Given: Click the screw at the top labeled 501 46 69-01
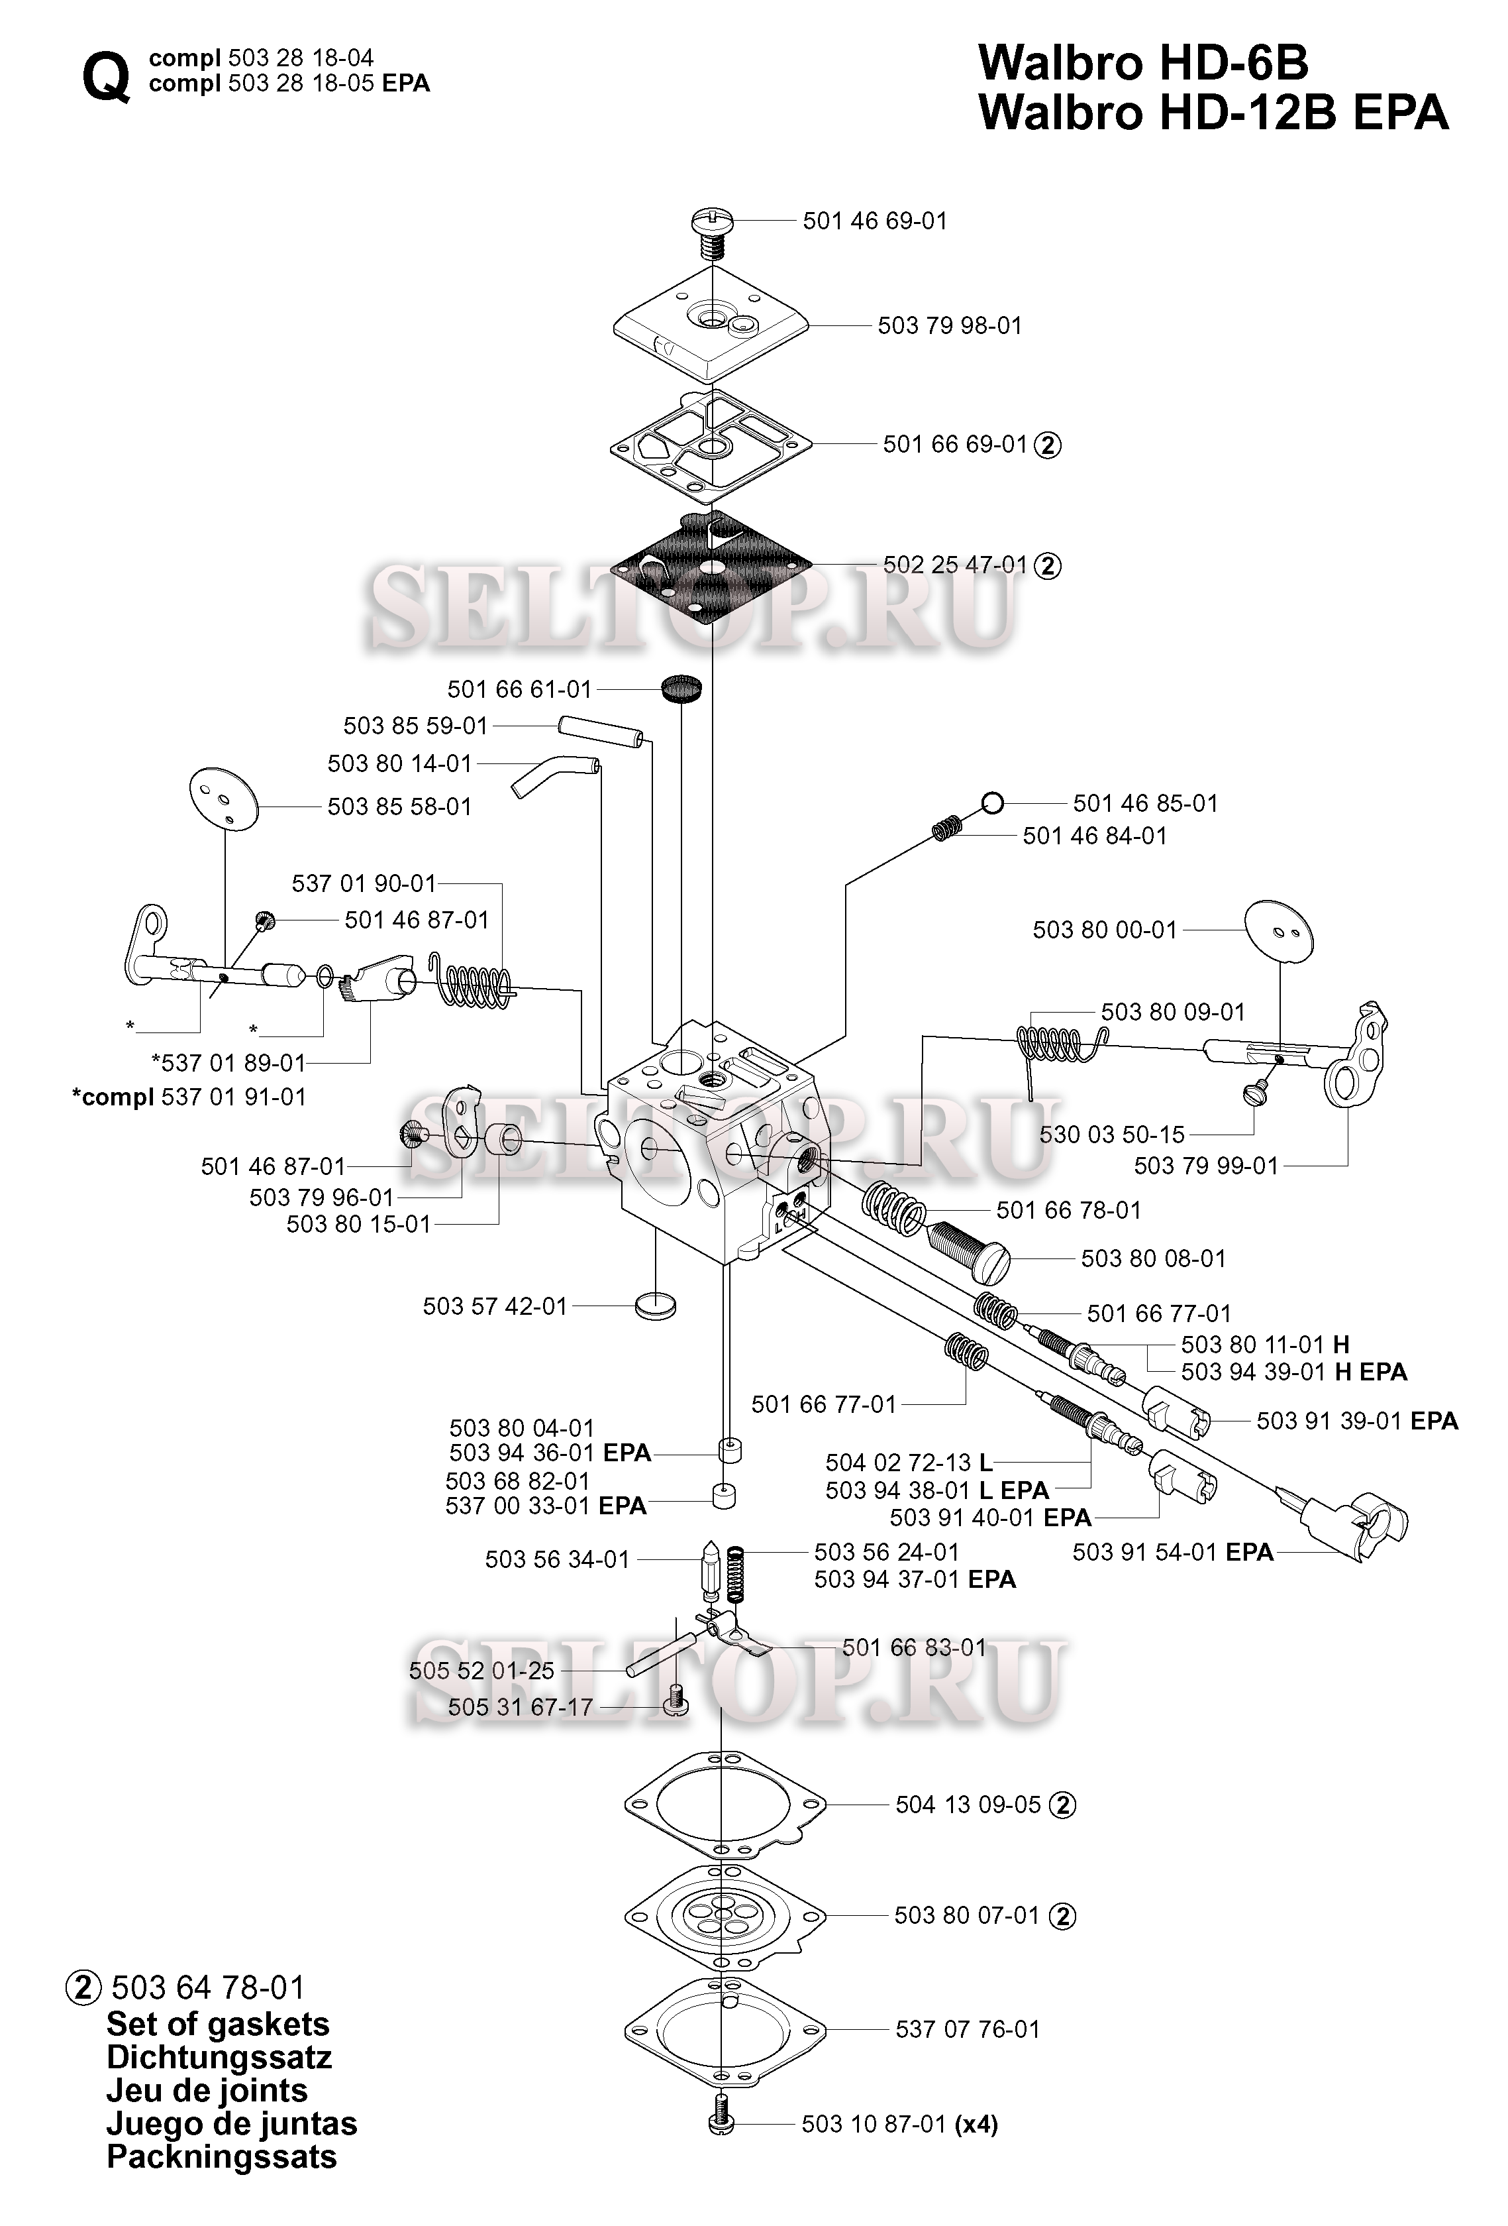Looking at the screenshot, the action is pos(711,233).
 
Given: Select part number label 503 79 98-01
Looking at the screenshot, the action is pos(950,325).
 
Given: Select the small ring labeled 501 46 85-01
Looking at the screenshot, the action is pos(993,803).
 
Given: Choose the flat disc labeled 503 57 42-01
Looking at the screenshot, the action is pos(655,1306).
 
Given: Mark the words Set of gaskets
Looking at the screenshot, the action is pos(219,2023).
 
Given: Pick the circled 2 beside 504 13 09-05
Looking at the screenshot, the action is pos(1063,1805).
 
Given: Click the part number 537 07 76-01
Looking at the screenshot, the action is pos(967,2029).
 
